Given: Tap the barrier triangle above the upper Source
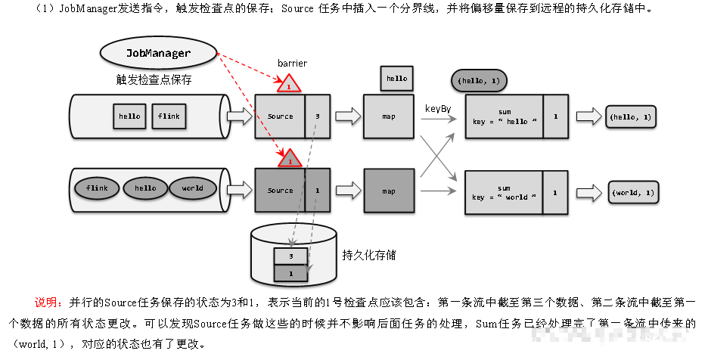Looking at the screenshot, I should [x=288, y=85].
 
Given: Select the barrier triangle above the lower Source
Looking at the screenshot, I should [x=288, y=160].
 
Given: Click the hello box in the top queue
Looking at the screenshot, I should [x=129, y=116].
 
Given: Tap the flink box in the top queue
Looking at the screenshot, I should [x=168, y=116].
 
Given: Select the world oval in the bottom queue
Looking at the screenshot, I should [x=192, y=188].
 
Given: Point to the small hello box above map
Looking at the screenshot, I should [x=396, y=78].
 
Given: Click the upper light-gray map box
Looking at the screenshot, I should [x=389, y=116].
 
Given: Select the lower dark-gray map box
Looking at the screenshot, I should [x=389, y=191].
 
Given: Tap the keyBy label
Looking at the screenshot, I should [x=438, y=109].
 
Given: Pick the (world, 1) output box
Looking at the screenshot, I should [x=634, y=193].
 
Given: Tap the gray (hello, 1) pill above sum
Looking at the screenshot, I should [x=478, y=81].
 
